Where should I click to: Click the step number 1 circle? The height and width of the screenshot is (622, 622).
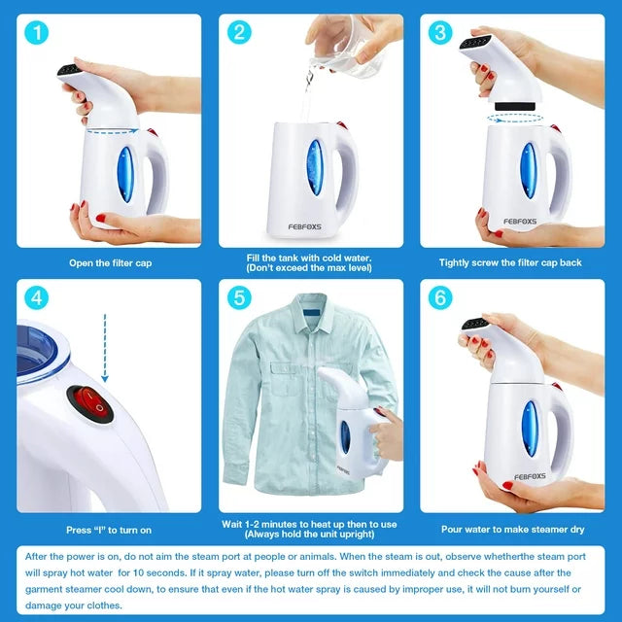pos(37,33)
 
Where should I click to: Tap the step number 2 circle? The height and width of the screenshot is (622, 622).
pos(238,33)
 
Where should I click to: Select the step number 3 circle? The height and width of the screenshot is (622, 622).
pos(439,33)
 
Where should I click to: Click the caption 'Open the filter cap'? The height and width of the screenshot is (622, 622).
pos(109,262)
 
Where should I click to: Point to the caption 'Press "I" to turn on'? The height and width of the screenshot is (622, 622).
pos(109,530)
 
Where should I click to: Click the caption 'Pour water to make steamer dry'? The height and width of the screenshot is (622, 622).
pos(512,530)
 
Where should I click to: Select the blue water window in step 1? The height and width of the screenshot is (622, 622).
pos(125,174)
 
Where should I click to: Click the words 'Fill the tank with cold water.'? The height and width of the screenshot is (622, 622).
pos(310,258)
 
